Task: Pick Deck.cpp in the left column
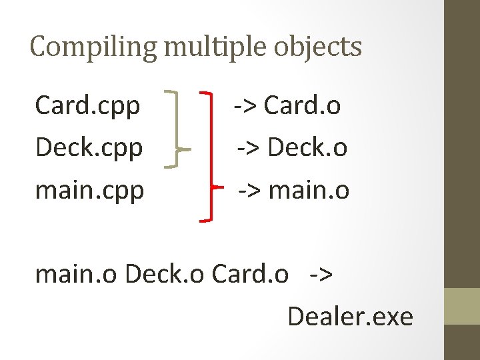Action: [89, 148]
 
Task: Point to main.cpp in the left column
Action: [89, 190]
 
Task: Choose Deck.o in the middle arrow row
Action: [307, 148]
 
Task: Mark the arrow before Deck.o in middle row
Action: [250, 148]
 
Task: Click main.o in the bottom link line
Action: [77, 273]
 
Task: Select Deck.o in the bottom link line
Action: [165, 273]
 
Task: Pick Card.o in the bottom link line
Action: [250, 273]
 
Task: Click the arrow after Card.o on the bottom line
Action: [321, 273]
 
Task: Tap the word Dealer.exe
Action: [350, 316]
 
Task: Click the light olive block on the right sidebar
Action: [462, 306]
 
